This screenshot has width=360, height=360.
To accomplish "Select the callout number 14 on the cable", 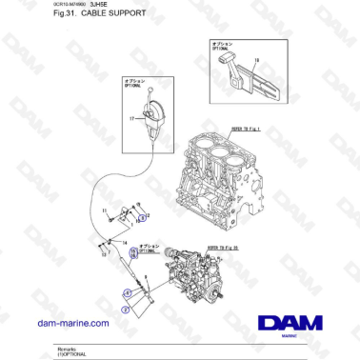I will (x=123, y=243).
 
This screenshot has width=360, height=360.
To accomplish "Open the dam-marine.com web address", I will (x=70, y=324).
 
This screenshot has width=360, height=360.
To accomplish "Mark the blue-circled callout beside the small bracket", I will (x=142, y=218).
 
